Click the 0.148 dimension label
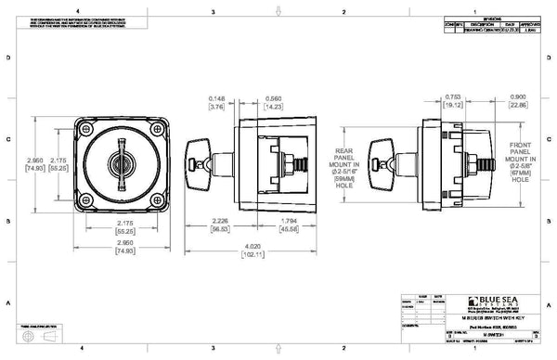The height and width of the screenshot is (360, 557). pyautogui.click(x=217, y=101)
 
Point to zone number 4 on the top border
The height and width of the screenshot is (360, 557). pyautogui.click(x=81, y=11)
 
